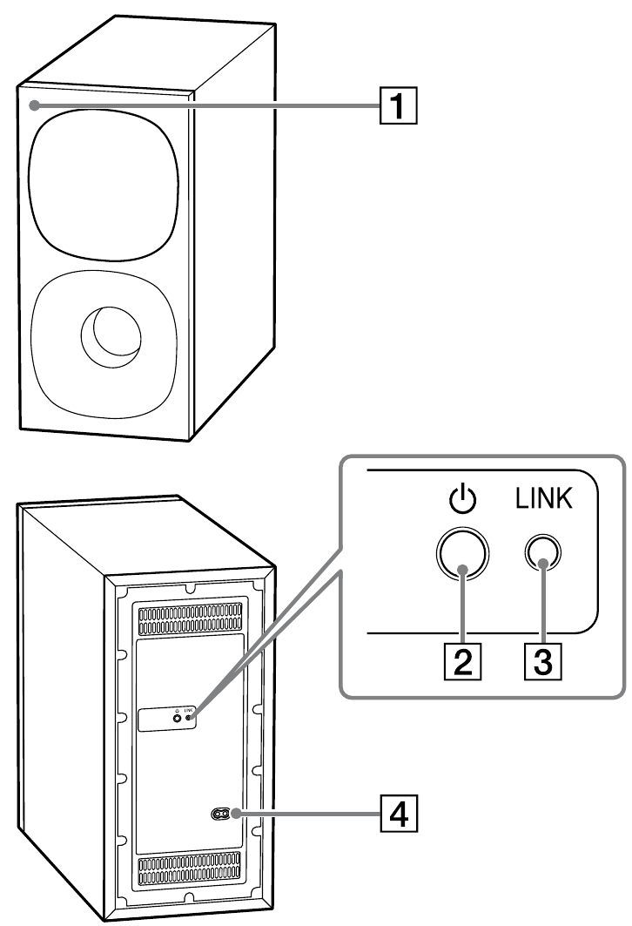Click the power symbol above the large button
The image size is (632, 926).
(x=463, y=503)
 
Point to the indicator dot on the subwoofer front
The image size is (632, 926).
(x=32, y=105)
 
